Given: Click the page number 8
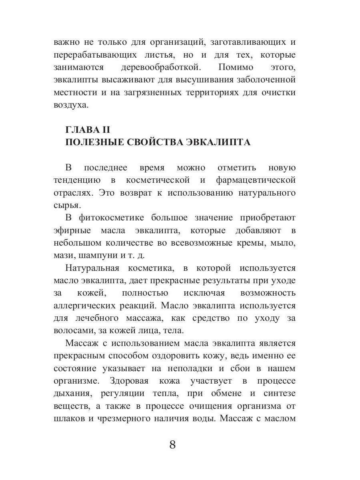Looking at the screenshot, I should point(172,444).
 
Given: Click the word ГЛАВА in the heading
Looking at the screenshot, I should point(82,130).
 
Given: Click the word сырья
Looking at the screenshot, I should point(67,206).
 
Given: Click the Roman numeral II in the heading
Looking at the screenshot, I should point(104,130).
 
